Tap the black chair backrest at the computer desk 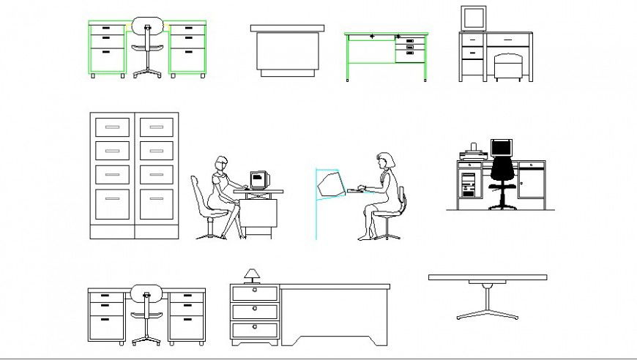pyautogui.click(x=502, y=170)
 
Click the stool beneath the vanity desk pyautogui.click(x=507, y=67)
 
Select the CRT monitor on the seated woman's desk pyautogui.click(x=258, y=179)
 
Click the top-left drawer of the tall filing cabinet pyautogui.click(x=112, y=127)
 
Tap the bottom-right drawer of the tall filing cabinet pyautogui.click(x=157, y=205)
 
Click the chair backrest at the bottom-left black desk pyautogui.click(x=146, y=294)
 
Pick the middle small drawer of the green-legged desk pyautogui.click(x=409, y=48)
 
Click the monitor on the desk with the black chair pyautogui.click(x=501, y=147)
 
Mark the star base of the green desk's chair pyautogui.click(x=147, y=71)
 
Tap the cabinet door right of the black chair pyautogui.click(x=531, y=183)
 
